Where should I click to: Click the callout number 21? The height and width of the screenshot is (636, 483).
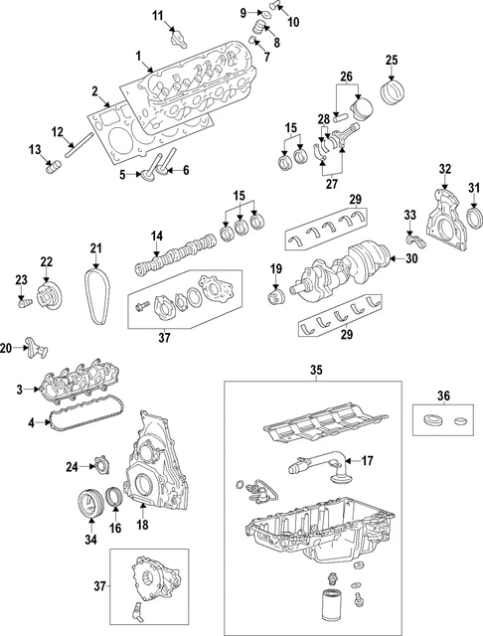pos(95,248)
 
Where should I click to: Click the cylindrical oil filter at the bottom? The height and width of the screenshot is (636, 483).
pos(332,607)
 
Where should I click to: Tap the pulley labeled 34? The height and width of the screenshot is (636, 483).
pos(92,504)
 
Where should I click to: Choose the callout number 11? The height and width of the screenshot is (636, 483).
pos(157,15)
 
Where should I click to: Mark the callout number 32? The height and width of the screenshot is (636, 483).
pos(444,168)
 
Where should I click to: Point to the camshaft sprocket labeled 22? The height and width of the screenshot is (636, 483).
pos(46,295)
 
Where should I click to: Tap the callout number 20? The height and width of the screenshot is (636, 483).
pos(7,348)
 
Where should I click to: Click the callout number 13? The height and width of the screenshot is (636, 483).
pos(34,150)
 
